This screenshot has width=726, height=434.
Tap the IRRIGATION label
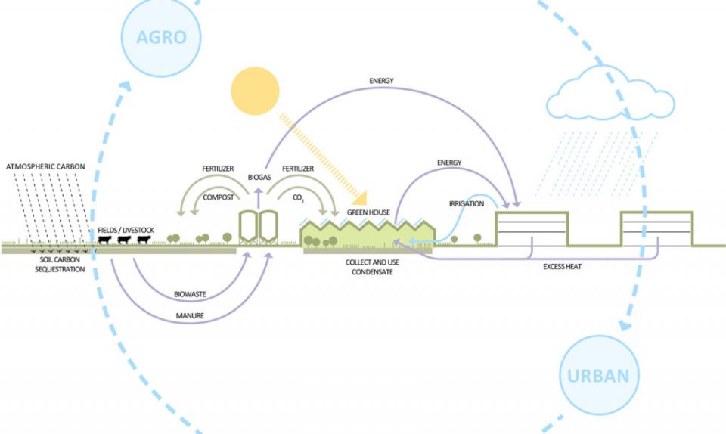pyautogui.click(x=466, y=203)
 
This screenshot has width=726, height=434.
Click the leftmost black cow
pyautogui.click(x=106, y=240)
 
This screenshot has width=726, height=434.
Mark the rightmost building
pyautogui.click(x=655, y=230)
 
